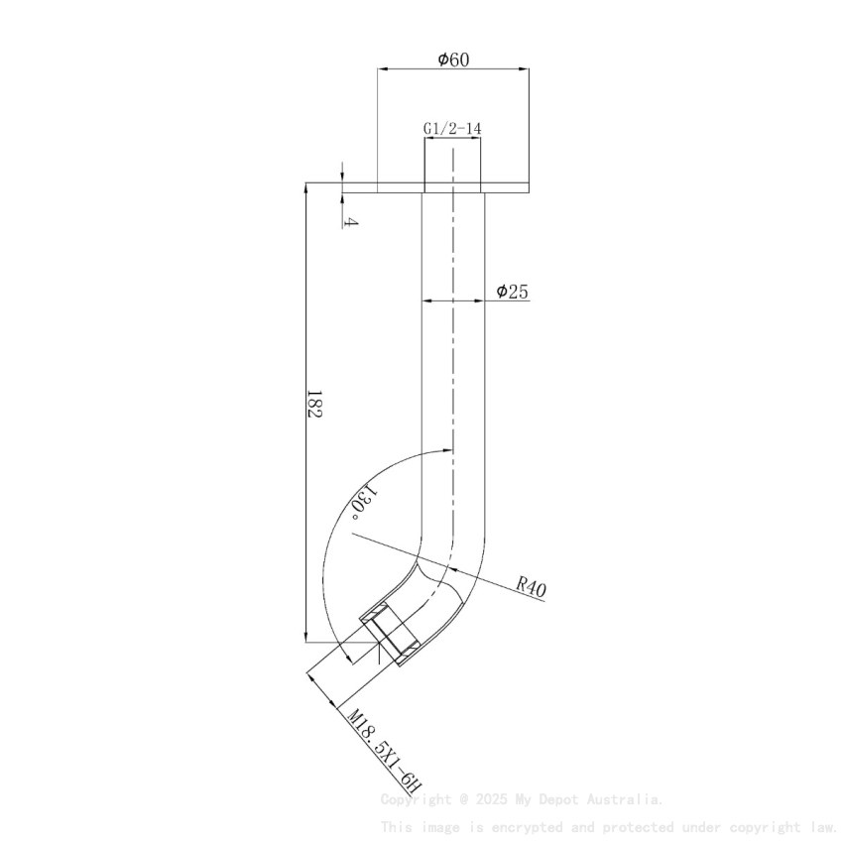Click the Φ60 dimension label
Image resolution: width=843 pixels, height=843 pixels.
click(453, 60)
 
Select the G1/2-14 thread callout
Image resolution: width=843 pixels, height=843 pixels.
click(452, 129)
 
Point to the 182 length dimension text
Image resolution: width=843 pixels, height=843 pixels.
click(314, 405)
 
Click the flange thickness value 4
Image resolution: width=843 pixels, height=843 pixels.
click(350, 221)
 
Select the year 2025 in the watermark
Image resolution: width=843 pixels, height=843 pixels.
click(494, 799)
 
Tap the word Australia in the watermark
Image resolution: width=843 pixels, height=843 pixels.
click(626, 799)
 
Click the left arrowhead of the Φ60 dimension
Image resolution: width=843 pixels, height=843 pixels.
click(383, 69)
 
